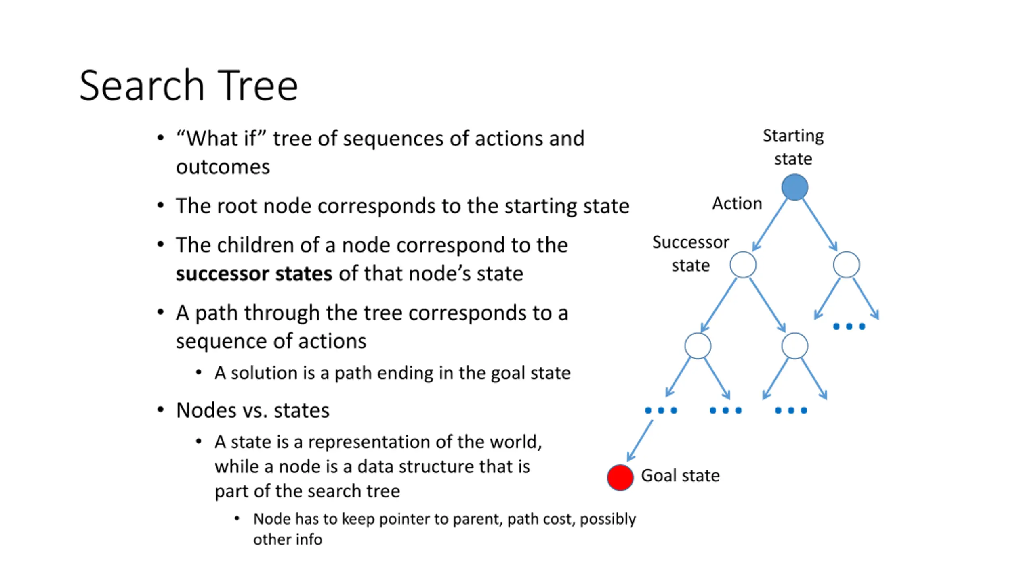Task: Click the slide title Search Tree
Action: (x=189, y=86)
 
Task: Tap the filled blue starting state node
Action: (x=794, y=187)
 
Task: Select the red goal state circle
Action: (x=620, y=477)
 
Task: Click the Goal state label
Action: (x=680, y=475)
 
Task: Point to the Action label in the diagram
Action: (x=737, y=203)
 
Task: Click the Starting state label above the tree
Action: (x=793, y=147)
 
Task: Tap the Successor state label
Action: (x=691, y=254)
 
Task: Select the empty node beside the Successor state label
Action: (x=743, y=265)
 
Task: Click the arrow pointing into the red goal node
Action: (x=640, y=441)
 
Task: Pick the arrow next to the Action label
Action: (x=770, y=225)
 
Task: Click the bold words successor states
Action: (x=254, y=274)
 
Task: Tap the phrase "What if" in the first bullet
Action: (x=222, y=138)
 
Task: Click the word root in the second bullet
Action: (x=237, y=206)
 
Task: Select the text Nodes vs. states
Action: (x=253, y=410)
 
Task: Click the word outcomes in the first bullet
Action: (x=223, y=167)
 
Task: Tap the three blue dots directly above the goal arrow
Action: (x=661, y=410)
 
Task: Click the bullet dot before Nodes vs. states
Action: (x=161, y=410)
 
